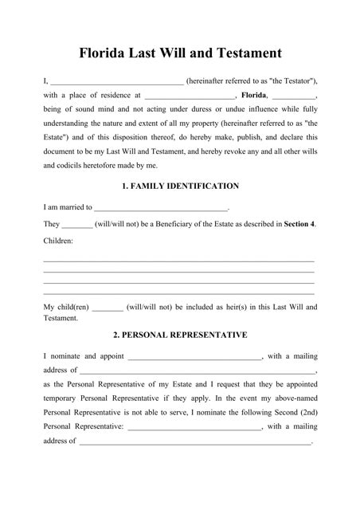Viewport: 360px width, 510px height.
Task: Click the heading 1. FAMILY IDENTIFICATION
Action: point(180,186)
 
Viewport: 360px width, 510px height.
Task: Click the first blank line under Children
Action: point(178,261)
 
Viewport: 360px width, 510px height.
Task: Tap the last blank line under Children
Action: point(178,294)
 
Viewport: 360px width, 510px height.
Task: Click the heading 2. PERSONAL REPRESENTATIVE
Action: point(180,334)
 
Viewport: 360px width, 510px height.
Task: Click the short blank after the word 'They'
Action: point(77,226)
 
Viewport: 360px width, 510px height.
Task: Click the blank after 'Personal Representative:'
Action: point(194,428)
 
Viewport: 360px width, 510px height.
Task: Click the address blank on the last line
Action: point(195,442)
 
